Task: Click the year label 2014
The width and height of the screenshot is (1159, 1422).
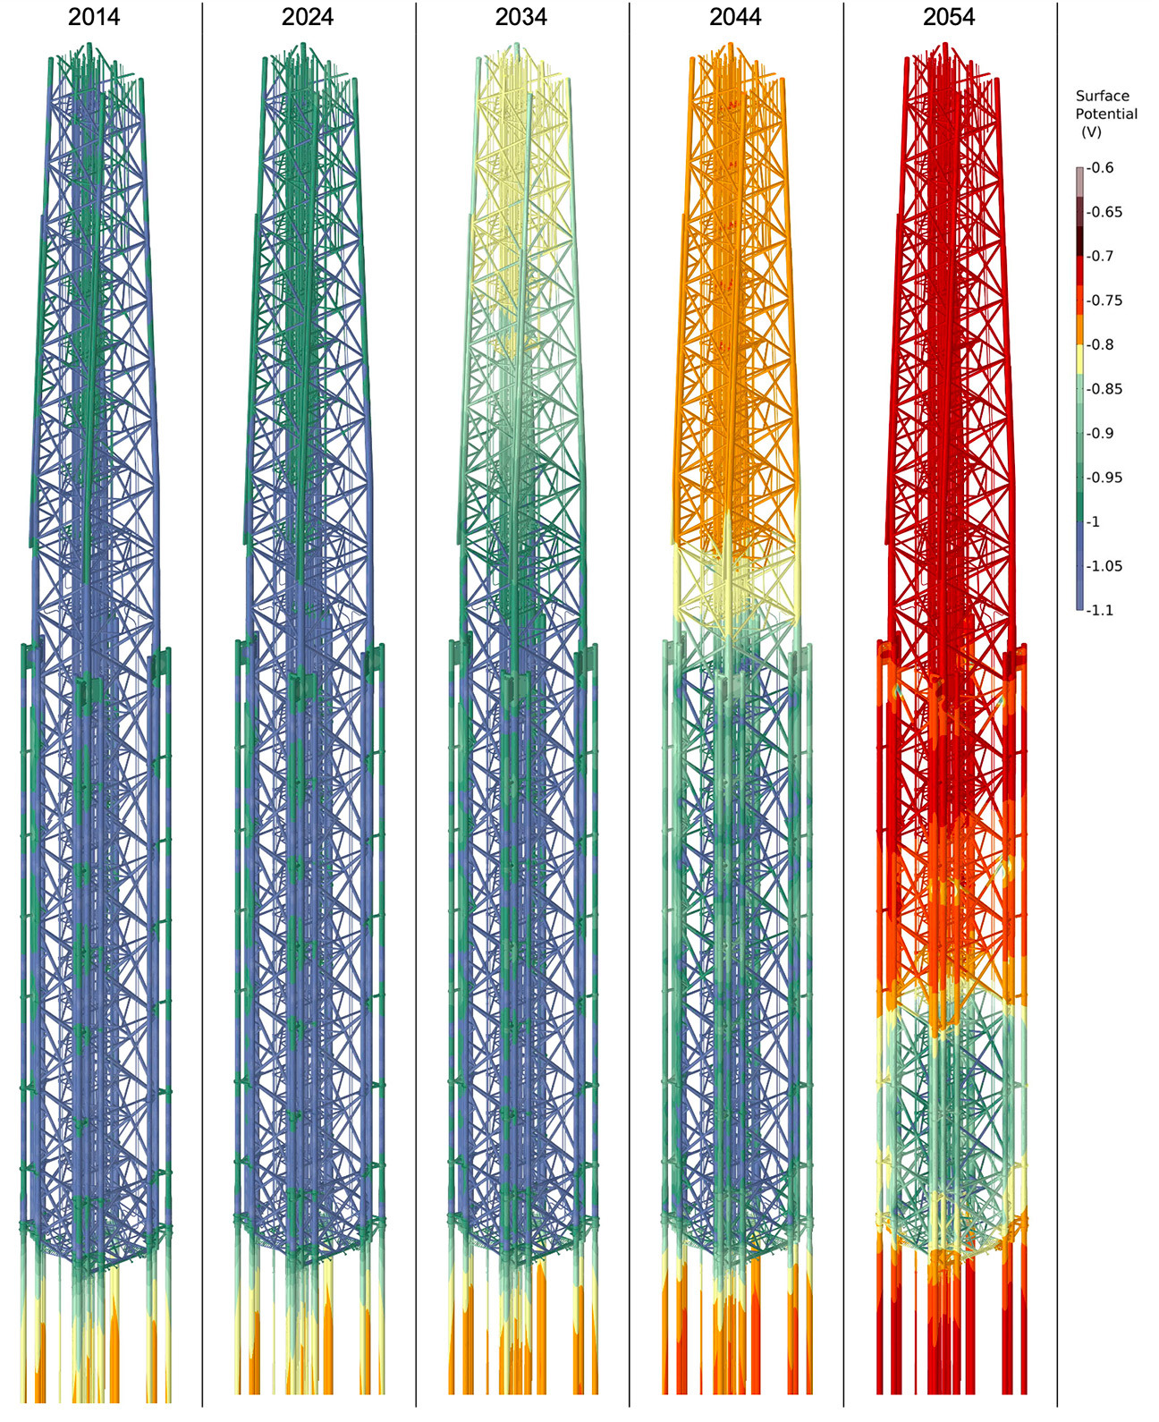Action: pos(94,17)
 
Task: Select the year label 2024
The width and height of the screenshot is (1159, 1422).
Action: pos(308,17)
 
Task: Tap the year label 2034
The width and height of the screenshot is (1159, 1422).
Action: pos(521,17)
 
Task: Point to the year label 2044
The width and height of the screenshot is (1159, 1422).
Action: pos(735,17)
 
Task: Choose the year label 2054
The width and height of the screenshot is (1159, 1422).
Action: pos(949,17)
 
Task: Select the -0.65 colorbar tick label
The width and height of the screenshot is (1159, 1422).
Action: pos(1105,212)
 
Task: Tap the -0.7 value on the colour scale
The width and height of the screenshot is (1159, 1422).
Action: pos(1102,257)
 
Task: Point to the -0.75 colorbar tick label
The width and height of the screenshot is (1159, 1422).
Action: pos(1105,300)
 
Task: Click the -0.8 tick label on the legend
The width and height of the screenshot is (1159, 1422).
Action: pos(1102,345)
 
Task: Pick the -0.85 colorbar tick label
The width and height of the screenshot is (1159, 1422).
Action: pos(1105,389)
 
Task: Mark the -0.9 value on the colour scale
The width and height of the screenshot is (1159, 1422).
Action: pos(1102,434)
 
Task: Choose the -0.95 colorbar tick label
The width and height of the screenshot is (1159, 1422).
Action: pos(1105,478)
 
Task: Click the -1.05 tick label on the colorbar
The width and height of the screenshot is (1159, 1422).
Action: pos(1105,566)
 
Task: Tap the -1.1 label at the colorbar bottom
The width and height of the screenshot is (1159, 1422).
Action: pos(1102,611)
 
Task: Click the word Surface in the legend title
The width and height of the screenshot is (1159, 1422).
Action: pos(1102,96)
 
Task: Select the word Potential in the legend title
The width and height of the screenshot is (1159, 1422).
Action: pos(1106,114)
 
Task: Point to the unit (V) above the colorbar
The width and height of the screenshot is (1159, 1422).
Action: pos(1091,132)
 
